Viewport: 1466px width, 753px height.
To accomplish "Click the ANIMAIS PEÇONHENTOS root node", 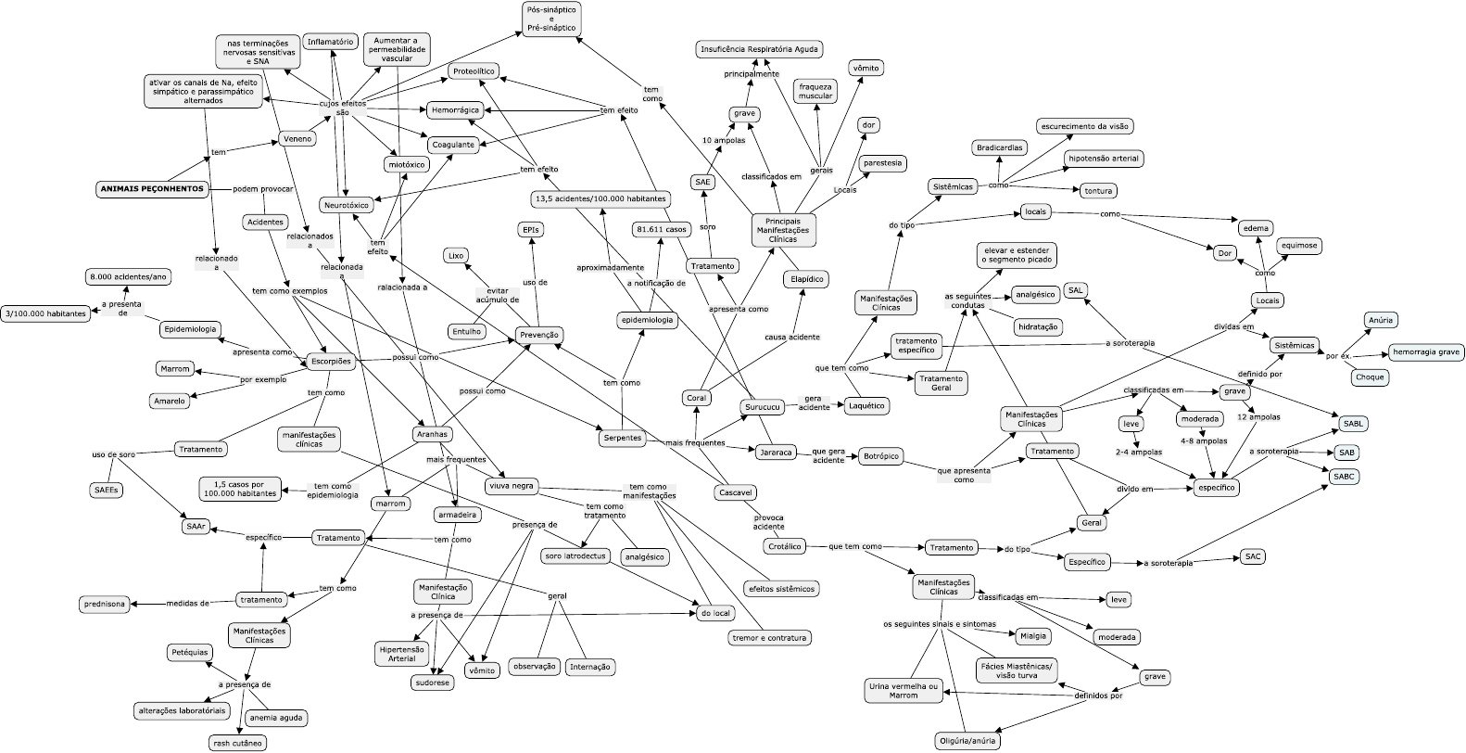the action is point(153,189).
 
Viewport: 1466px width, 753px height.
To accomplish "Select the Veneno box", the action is point(297,139).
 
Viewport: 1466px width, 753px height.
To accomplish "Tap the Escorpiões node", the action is point(331,362).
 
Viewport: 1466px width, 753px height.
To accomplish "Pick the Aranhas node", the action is point(432,434).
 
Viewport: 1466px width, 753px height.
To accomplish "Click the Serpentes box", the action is point(622,438).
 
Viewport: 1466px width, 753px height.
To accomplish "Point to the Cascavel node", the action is point(735,492).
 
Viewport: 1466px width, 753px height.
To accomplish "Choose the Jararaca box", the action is point(776,453).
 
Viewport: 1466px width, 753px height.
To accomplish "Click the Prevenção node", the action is point(538,336).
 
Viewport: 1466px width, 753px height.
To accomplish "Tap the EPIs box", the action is point(530,230).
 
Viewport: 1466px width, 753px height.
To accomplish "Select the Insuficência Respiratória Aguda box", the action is point(759,49).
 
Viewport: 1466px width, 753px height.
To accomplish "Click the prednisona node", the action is point(104,604).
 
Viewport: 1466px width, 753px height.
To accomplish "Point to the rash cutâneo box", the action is point(237,743).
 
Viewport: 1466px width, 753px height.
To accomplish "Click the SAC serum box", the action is point(1253,556).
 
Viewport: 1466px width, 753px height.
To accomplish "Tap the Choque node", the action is point(1369,377).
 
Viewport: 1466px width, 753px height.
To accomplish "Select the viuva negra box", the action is point(512,486).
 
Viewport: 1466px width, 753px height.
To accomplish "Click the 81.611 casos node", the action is point(662,229).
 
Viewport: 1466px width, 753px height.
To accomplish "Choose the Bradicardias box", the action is point(999,148).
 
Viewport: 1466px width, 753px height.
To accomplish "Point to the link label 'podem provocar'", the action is point(263,189).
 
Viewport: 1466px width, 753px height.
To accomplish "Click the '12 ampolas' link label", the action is point(1258,417).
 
